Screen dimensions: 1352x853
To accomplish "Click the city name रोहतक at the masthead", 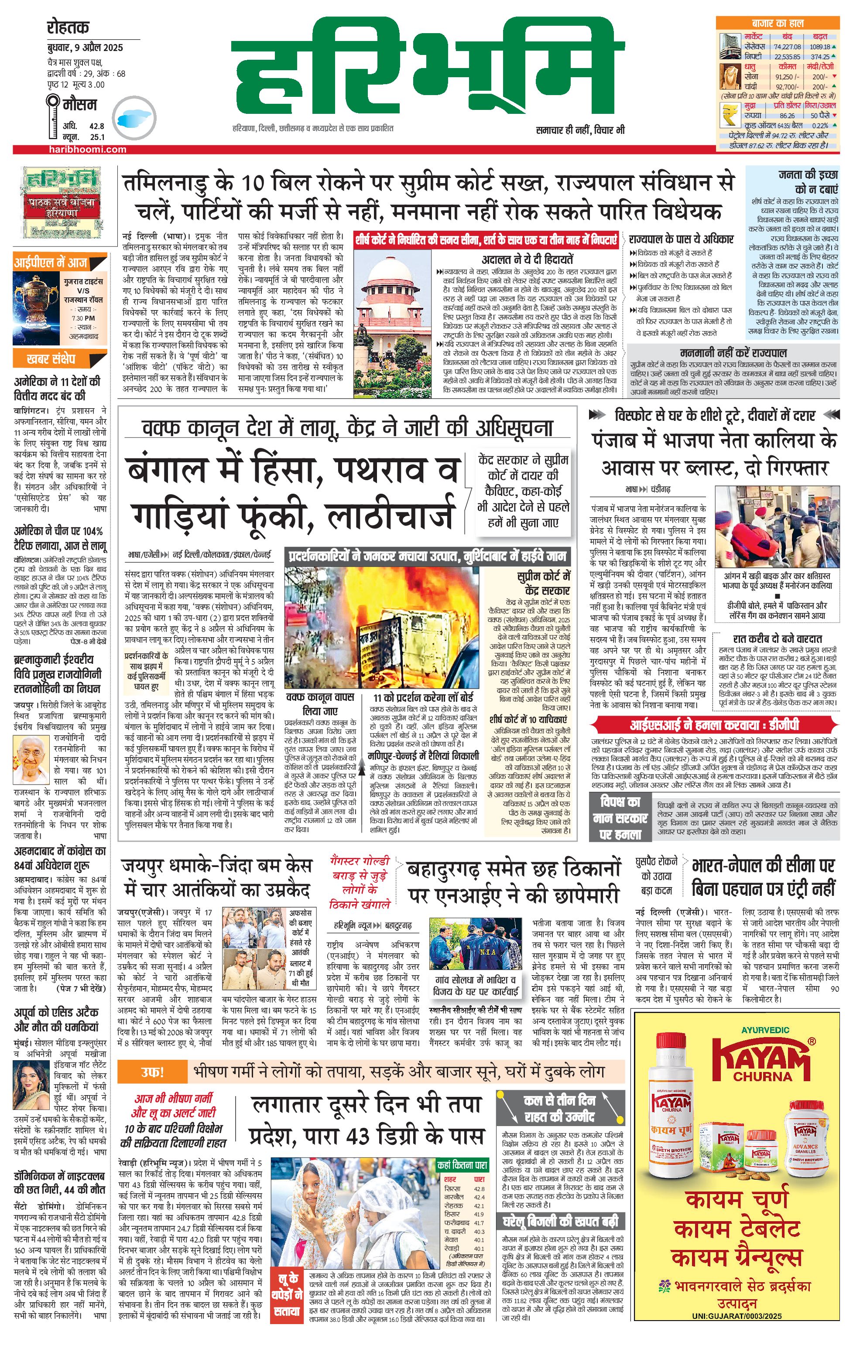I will click(68, 27).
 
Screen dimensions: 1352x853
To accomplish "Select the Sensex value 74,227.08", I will click(787, 47).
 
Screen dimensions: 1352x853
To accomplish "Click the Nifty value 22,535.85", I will click(787, 57).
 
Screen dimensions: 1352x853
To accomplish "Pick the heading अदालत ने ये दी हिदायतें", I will click(528, 259).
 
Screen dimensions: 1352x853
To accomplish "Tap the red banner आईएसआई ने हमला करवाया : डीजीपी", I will click(714, 725).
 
